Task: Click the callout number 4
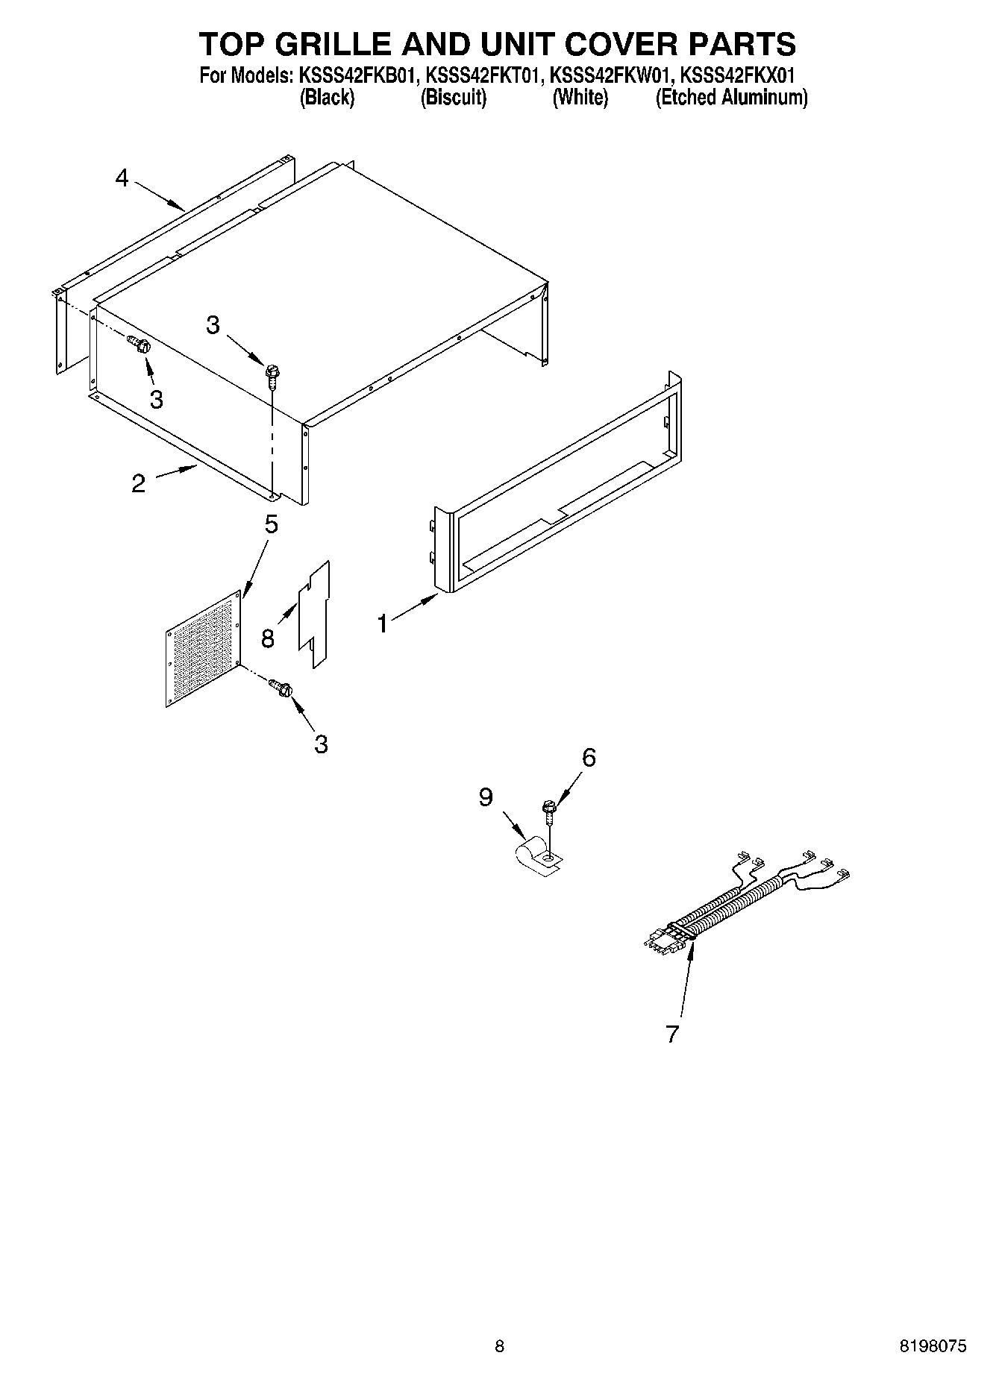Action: (122, 178)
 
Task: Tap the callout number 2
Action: (138, 483)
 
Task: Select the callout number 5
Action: (271, 524)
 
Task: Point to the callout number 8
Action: (267, 638)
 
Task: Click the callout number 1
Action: (383, 623)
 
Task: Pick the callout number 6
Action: (589, 758)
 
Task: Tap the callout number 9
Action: (486, 797)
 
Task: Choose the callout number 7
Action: (672, 1034)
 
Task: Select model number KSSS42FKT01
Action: (480, 75)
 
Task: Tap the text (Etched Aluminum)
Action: (731, 97)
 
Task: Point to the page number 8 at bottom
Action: (499, 1346)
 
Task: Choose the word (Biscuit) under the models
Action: (454, 97)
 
